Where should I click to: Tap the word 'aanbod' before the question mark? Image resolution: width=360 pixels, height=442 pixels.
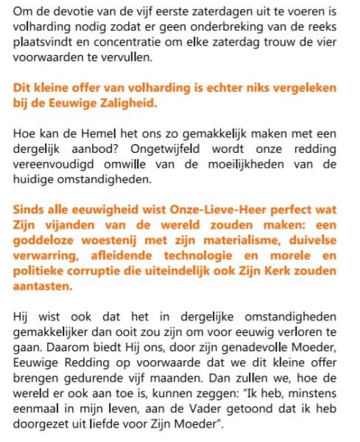106,149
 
